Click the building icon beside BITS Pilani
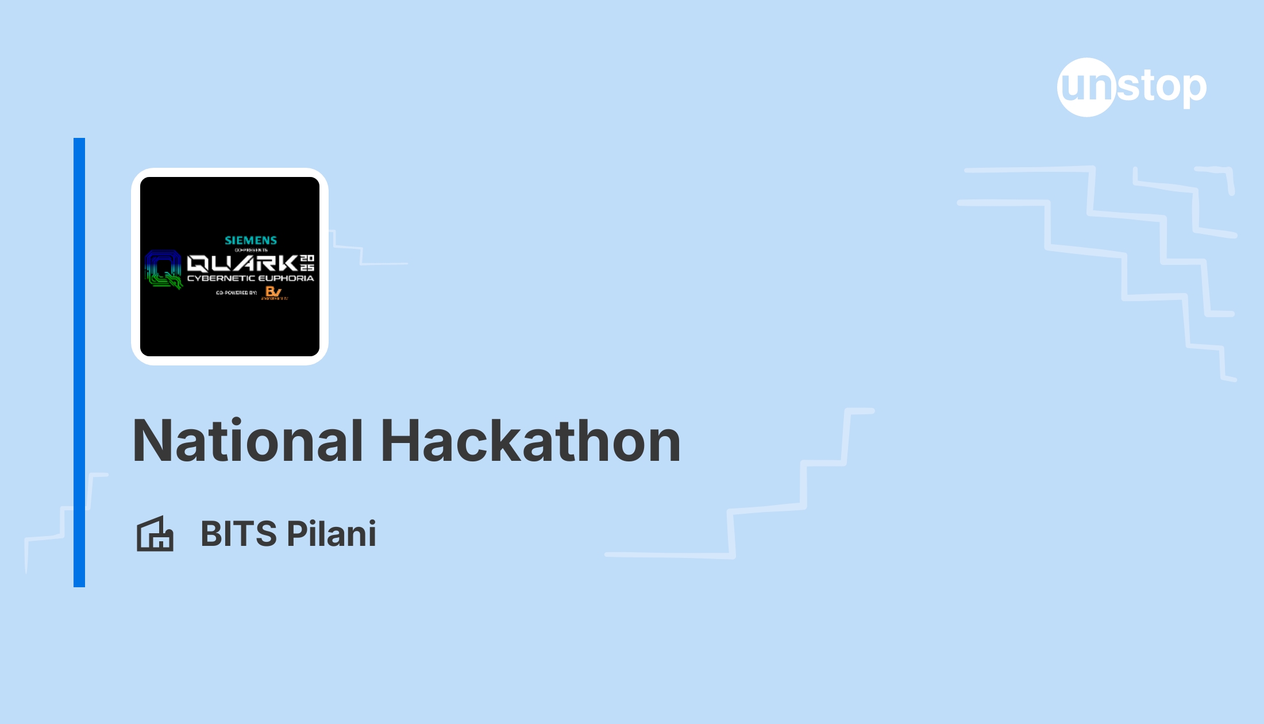click(x=155, y=534)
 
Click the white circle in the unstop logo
click(x=1086, y=87)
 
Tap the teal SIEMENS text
click(x=251, y=240)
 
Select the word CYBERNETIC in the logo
click(x=221, y=279)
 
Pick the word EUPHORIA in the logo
click(x=286, y=279)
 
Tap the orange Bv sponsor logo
click(x=273, y=292)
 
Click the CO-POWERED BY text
click(x=236, y=293)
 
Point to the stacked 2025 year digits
click(x=307, y=263)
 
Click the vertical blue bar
click(x=79, y=362)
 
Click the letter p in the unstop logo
click(x=1194, y=89)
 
